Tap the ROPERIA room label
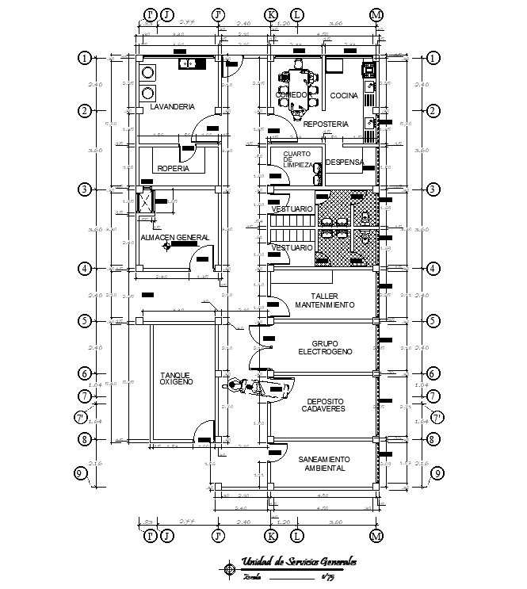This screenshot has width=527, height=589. point(173,168)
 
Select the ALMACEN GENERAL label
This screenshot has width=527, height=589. point(174,237)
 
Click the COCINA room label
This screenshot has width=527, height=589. point(344,96)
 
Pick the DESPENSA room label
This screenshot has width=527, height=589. point(344,163)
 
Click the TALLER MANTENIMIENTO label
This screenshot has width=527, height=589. point(325,300)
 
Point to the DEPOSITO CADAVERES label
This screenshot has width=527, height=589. point(325,404)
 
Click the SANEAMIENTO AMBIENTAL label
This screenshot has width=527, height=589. point(325,464)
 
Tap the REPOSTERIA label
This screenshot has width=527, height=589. point(326,124)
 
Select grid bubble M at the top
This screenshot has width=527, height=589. point(376,15)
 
